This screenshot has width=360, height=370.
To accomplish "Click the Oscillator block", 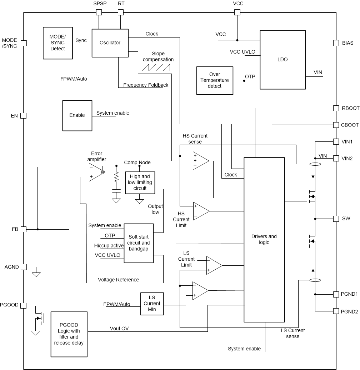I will pyautogui.click(x=110, y=43).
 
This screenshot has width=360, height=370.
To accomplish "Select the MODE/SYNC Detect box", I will pyautogui.click(x=57, y=43).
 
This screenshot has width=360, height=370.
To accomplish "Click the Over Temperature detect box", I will pyautogui.click(x=215, y=81).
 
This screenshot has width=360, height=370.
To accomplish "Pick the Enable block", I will pyautogui.click(x=77, y=115).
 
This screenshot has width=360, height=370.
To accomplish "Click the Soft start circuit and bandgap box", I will pyautogui.click(x=139, y=243).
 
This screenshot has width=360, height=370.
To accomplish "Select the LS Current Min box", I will pyautogui.click(x=152, y=304).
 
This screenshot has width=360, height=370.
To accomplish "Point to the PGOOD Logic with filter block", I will pyautogui.click(x=69, y=334).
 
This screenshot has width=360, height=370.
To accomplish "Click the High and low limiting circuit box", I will pyautogui.click(x=140, y=182).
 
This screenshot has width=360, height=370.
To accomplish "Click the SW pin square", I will pyautogui.click(x=336, y=218).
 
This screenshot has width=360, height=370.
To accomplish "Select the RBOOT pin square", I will pyautogui.click(x=336, y=108).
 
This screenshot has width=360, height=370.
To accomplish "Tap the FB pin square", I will pyautogui.click(x=24, y=229).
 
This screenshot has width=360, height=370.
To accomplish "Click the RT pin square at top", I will pyautogui.click(x=121, y=12).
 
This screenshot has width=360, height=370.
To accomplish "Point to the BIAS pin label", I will pyautogui.click(x=347, y=43).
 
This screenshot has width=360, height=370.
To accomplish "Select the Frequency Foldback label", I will pyautogui.click(x=145, y=85).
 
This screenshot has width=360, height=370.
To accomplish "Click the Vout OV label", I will pyautogui.click(x=119, y=328).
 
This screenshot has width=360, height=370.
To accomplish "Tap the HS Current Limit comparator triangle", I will pyautogui.click(x=201, y=211).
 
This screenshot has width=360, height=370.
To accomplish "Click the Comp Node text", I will pyautogui.click(x=137, y=162).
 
